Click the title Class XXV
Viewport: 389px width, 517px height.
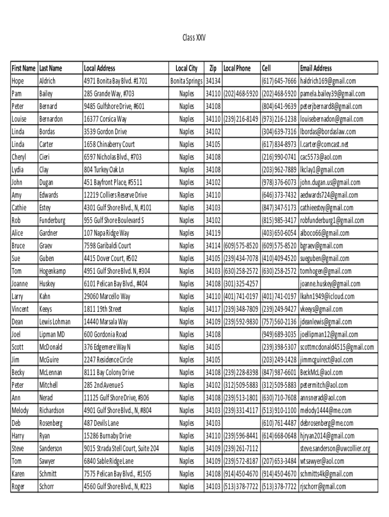tap(194, 38)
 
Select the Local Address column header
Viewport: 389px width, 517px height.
tap(100, 68)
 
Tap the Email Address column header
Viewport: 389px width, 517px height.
tap(316, 68)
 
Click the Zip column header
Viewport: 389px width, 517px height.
tap(213, 68)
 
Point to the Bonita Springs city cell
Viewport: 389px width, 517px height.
tap(186, 81)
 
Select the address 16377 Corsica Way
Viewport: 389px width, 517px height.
tap(105, 119)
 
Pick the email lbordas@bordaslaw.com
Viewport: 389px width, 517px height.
tap(328, 132)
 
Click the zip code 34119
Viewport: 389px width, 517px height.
tap(213, 233)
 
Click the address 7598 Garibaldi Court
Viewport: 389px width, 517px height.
tap(107, 246)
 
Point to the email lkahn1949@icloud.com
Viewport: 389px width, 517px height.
tap(327, 296)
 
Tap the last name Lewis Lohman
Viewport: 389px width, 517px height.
tap(55, 322)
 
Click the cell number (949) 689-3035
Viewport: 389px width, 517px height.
tap(279, 334)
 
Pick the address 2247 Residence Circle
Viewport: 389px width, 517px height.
tap(109, 360)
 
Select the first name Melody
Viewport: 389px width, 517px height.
tap(20, 410)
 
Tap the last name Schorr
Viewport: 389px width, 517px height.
tap(46, 487)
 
